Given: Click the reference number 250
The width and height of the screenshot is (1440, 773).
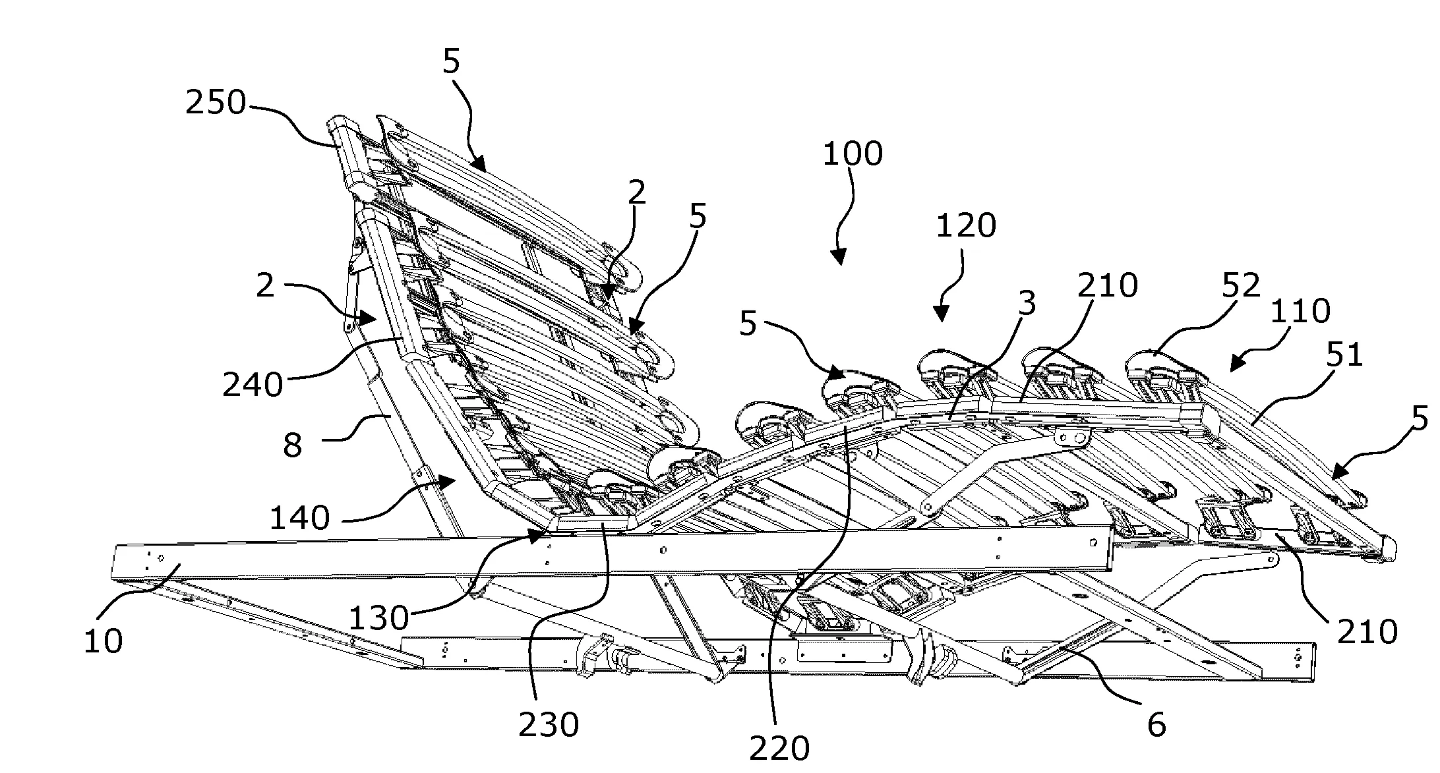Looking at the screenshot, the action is tap(215, 103).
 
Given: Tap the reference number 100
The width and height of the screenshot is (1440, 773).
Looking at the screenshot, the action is tap(853, 154).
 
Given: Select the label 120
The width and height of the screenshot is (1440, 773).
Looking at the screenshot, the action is tap(966, 226).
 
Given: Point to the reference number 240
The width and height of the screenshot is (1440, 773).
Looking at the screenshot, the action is tap(253, 384).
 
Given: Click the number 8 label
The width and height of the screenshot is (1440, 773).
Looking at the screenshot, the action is tap(293, 445).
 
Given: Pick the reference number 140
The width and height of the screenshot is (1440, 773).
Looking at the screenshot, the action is tap(300, 519).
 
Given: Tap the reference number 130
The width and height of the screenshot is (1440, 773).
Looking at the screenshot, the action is tap(378, 619).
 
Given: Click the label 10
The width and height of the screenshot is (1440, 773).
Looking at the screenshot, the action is tap(103, 641).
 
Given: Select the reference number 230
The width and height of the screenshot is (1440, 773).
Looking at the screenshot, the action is tap(549, 726).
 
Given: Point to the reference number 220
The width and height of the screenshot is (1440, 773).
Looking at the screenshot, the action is tap(779, 749).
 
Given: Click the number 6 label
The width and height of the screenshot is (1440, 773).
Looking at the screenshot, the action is tap(1156, 726).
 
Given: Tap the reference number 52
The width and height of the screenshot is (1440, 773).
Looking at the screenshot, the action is tap(1241, 286).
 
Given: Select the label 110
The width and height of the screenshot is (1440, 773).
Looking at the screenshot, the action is tap(1301, 311).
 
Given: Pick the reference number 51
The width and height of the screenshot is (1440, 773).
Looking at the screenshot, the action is tap(1344, 355).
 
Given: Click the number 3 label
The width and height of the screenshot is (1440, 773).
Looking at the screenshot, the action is tap(1027, 304).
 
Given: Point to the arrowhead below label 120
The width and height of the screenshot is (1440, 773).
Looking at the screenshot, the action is tap(943, 315).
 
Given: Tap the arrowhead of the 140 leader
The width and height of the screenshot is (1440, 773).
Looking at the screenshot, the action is tap(449, 484).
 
